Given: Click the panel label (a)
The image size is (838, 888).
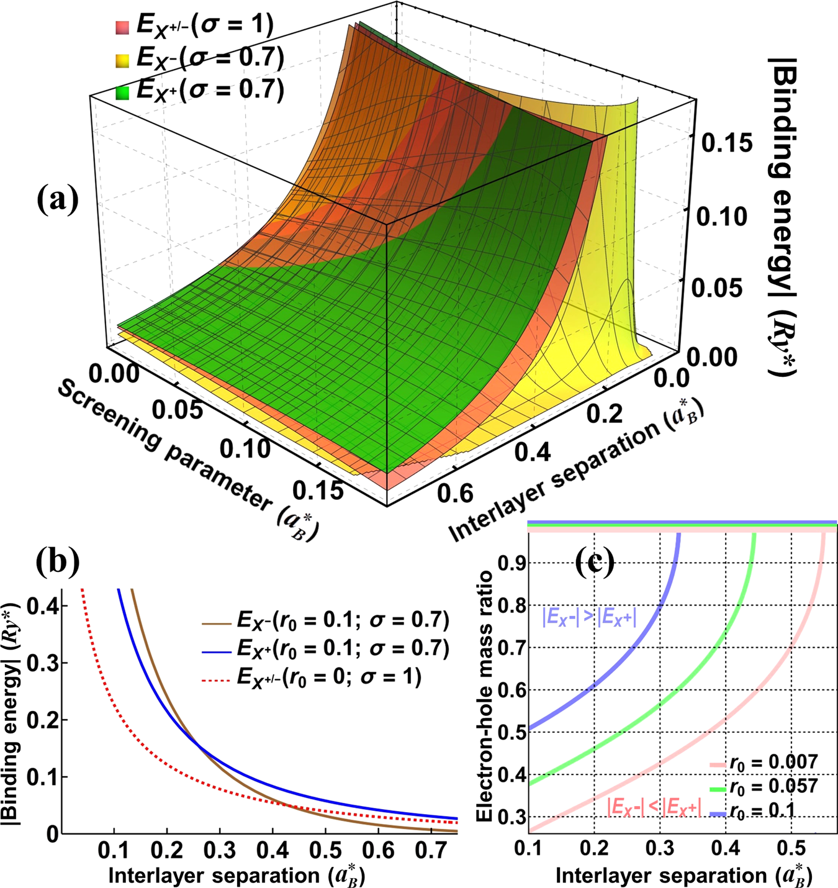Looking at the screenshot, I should click(57, 199).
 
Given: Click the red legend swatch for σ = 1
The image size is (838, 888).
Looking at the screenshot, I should click(122, 27).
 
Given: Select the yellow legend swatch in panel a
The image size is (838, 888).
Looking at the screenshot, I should click(122, 60).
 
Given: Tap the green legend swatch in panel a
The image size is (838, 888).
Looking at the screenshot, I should click(122, 93).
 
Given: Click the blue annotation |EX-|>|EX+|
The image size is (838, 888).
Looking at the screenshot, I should click(589, 618).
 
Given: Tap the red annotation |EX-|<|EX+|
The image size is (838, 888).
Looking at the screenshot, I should click(654, 806).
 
